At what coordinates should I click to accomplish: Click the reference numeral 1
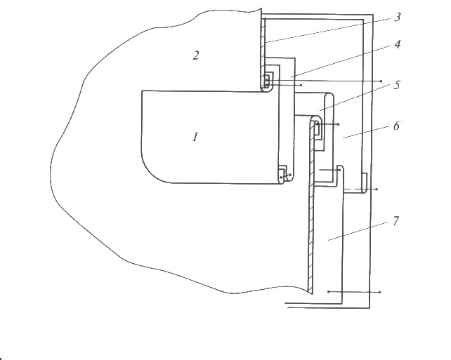(195, 137)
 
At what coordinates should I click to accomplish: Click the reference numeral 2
(195, 55)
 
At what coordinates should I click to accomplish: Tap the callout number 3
(397, 18)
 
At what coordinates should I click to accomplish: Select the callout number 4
(397, 44)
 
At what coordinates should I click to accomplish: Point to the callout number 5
(397, 85)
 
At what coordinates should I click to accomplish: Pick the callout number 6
(396, 126)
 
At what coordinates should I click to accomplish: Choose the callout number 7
(396, 221)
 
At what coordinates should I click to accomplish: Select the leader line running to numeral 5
(355, 98)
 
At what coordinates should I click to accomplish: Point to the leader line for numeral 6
(365, 133)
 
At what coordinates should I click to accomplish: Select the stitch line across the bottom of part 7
(354, 292)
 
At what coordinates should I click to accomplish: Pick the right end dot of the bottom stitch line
(380, 292)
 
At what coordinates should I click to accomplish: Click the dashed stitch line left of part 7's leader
(361, 189)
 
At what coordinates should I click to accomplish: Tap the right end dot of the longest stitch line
(381, 81)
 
